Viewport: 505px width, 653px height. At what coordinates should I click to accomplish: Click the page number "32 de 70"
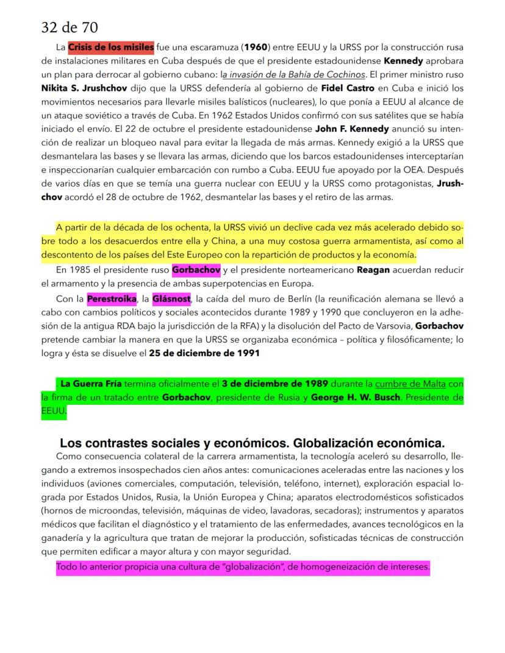[70, 27]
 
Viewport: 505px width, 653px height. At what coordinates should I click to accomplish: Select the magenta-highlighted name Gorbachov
[196, 269]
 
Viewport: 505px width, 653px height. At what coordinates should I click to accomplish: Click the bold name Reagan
[372, 269]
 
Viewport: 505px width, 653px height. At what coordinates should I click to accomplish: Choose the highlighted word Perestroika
[111, 299]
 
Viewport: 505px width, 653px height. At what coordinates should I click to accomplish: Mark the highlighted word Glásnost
[171, 299]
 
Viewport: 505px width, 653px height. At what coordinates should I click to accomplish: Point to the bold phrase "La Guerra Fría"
[90, 384]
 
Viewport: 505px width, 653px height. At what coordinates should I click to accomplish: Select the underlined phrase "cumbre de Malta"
[410, 384]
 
